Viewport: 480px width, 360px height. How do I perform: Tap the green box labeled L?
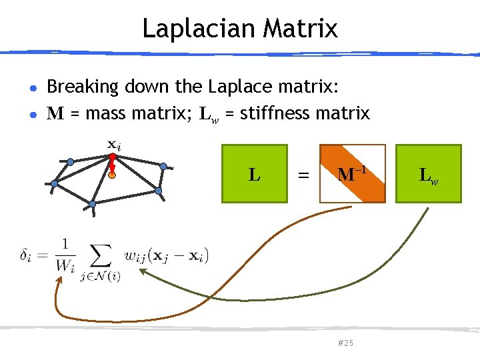coord(254,173)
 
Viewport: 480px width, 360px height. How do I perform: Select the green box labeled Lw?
coord(427,173)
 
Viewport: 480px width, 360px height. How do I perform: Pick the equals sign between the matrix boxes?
coord(303,175)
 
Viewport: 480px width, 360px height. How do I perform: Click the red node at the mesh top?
coord(113,158)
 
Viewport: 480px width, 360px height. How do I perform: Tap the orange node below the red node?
coord(113,176)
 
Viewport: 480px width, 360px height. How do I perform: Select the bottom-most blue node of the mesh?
coord(93,203)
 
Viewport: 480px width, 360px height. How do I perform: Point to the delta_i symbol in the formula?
coord(27,255)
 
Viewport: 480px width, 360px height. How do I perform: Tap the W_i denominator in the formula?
coord(66,264)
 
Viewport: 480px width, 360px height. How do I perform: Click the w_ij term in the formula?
coord(135,255)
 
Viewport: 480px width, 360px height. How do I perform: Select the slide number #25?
coord(345,343)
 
